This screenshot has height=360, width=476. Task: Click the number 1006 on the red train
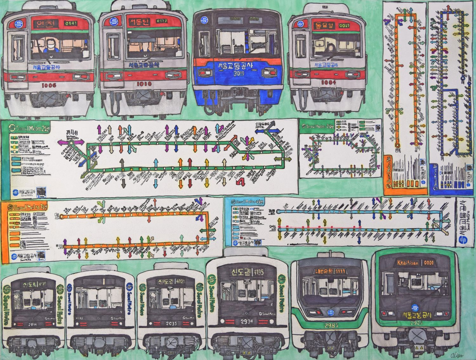point(49,85)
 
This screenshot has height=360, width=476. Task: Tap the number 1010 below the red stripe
point(144,84)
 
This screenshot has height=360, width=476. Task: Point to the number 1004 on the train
point(327,82)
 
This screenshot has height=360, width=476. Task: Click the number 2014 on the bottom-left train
point(33,324)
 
